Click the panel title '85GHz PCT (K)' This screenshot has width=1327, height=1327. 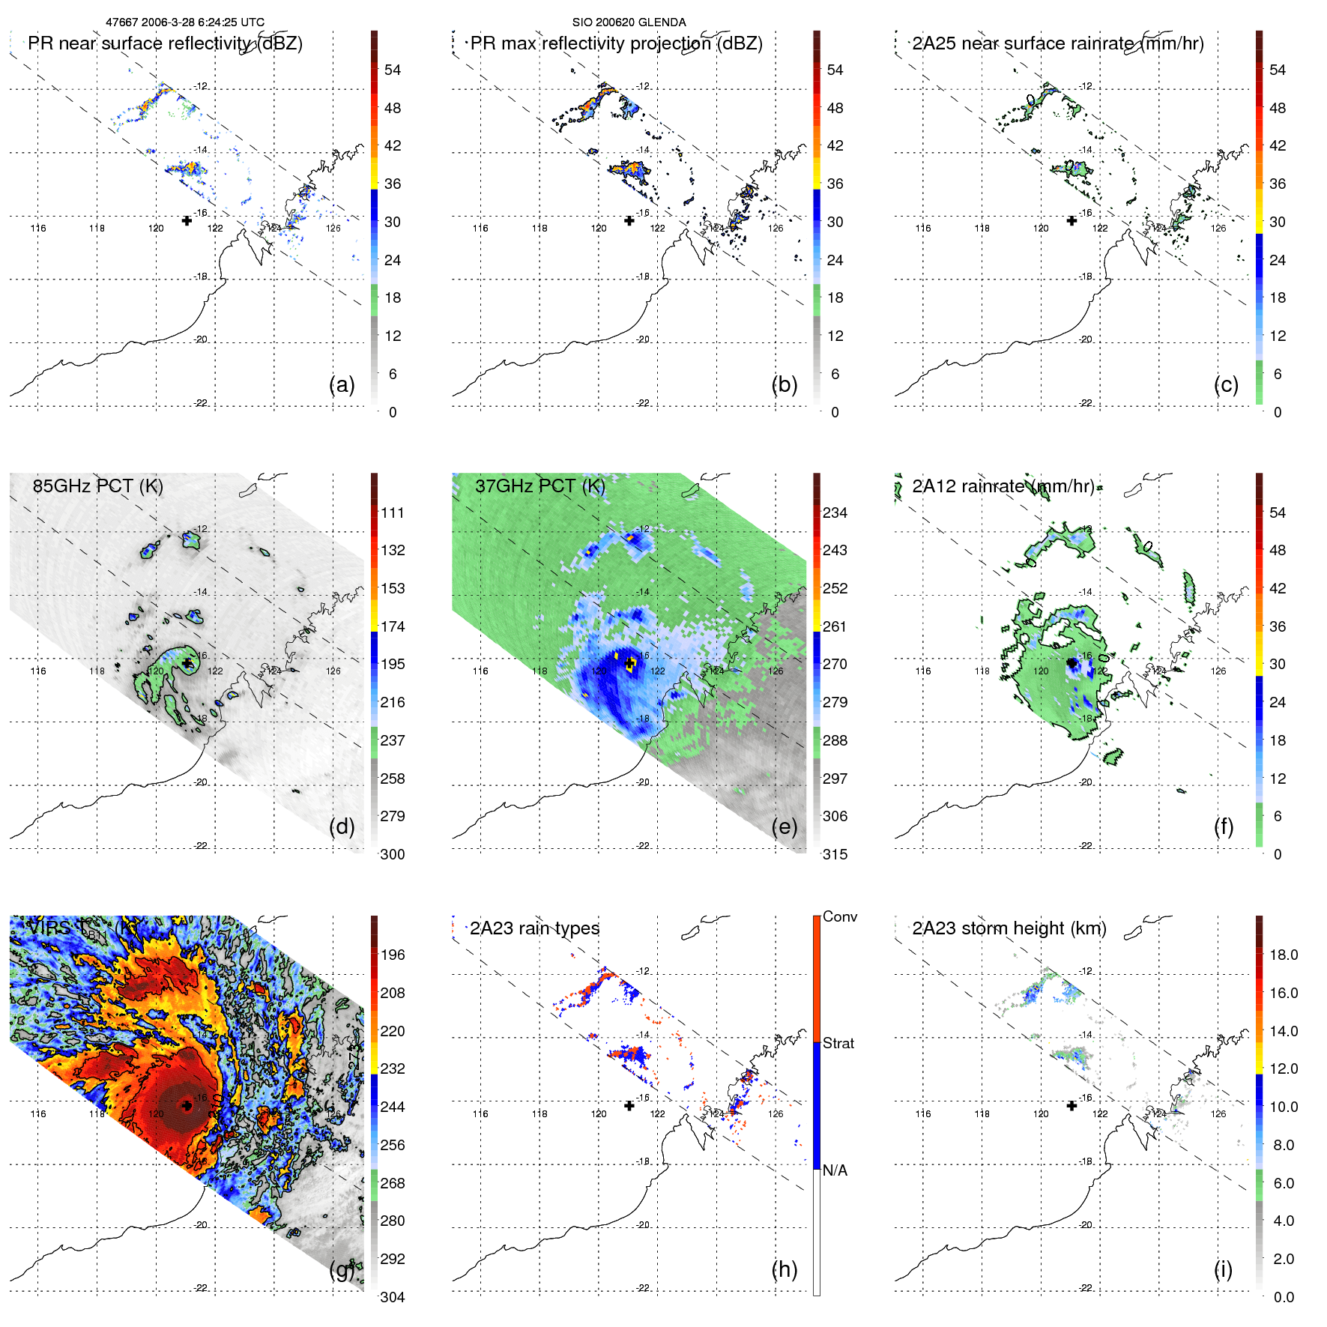point(97,486)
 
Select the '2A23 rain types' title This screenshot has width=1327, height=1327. point(534,928)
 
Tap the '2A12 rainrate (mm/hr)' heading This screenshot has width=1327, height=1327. point(1003,486)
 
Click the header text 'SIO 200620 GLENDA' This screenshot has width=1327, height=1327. point(629,22)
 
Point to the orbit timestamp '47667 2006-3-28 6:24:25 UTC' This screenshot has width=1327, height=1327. point(184,22)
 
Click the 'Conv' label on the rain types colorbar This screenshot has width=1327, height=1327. point(839,916)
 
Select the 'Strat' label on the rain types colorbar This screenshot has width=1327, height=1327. point(838,1043)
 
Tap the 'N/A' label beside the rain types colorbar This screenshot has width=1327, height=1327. point(835,1170)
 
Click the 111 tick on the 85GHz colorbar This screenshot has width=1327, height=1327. point(393,513)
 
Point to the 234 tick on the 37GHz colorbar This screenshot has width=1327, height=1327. point(835,513)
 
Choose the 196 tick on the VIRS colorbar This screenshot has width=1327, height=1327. point(393,955)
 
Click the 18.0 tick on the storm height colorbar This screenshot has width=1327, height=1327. point(1283,955)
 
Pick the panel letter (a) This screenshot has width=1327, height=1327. point(342,384)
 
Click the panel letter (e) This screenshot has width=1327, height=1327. point(784,826)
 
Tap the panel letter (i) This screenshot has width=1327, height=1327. point(1223,1269)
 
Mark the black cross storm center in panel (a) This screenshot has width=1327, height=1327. point(187,220)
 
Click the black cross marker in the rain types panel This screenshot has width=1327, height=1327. point(629,1105)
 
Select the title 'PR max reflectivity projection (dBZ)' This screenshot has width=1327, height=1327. point(616,43)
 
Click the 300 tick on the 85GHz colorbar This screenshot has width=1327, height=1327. point(392,854)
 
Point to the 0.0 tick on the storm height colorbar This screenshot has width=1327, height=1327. point(1283,1297)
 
